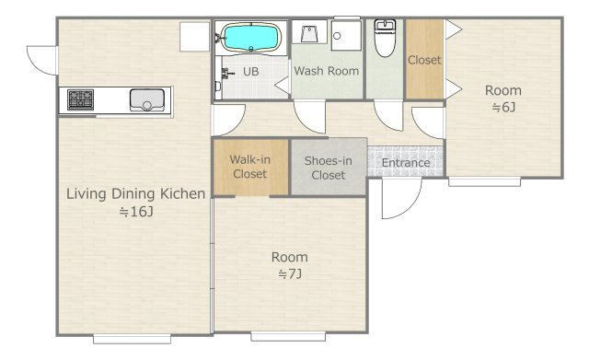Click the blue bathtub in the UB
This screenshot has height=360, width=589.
click(x=251, y=37)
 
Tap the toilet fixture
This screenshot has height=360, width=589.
click(x=385, y=38)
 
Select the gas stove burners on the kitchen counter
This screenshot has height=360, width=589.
click(x=80, y=99)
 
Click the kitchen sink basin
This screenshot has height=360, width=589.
click(x=147, y=100)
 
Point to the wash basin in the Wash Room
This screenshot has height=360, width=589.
click(x=310, y=33)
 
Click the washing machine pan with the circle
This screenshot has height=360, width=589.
click(x=346, y=35)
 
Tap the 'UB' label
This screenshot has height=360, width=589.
click(x=251, y=72)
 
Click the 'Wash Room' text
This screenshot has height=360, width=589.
click(x=327, y=71)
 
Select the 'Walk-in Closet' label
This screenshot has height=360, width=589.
click(x=249, y=167)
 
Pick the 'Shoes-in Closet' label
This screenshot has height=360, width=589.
click(x=329, y=168)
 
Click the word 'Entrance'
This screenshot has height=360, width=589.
click(x=406, y=163)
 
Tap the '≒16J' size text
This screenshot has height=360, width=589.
click(x=136, y=212)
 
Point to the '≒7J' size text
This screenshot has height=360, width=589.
click(x=290, y=274)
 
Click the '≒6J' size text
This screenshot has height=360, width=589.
click(x=503, y=107)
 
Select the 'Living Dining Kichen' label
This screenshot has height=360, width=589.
click(x=136, y=194)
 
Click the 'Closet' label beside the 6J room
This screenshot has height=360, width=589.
click(x=424, y=60)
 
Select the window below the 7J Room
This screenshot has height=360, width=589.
click(x=288, y=336)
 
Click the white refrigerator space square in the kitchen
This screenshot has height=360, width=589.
click(x=194, y=37)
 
